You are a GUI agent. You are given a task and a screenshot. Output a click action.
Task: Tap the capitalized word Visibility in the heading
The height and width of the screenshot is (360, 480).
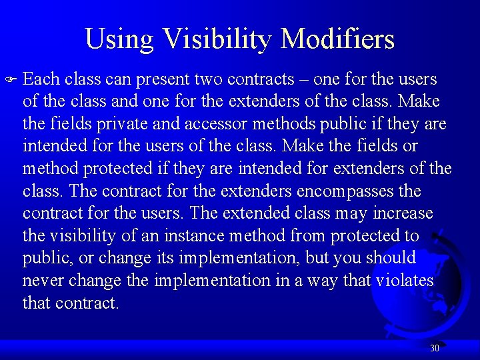click(219, 39)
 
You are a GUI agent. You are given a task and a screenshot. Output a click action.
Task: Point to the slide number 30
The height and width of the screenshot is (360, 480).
click(435, 348)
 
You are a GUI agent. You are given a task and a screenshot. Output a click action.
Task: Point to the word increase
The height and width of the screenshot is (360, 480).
click(403, 213)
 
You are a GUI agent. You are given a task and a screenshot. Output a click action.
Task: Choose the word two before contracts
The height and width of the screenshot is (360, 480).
click(209, 79)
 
